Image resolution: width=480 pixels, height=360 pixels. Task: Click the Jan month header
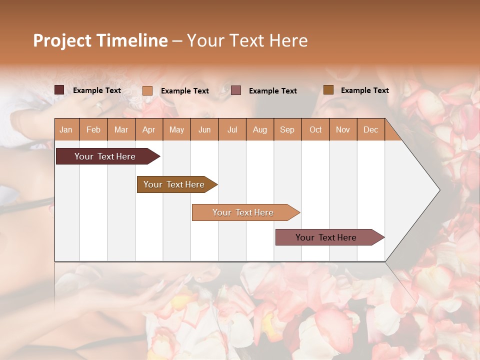coord(66,130)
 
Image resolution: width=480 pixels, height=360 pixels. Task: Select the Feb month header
coord(93,130)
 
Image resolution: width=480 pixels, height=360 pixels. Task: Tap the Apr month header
coord(148,130)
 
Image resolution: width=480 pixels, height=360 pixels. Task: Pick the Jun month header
coord(204,130)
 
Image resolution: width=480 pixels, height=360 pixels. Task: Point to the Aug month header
coord(259,130)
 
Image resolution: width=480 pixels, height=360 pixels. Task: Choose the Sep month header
coord(287,130)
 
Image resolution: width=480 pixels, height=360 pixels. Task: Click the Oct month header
coord(315,130)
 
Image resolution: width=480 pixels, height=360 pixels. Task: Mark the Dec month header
coord(370,130)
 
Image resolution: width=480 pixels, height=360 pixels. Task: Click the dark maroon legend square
coord(59,90)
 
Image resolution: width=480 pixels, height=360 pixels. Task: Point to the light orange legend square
coord(147,90)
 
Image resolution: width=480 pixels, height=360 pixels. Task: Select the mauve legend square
coord(236,90)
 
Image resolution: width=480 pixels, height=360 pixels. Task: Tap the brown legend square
coord(328,90)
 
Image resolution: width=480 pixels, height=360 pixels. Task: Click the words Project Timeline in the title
coord(100,40)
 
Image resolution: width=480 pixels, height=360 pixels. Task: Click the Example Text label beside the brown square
coord(364,90)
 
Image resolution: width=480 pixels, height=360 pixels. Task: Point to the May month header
coord(176,130)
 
